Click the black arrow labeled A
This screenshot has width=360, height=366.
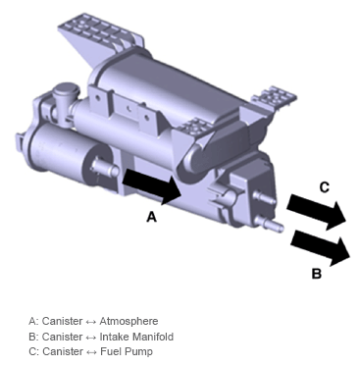pyautogui.click(x=152, y=185)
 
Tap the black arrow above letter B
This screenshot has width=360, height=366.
pyautogui.click(x=321, y=247)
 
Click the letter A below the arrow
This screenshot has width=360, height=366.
pyautogui.click(x=151, y=217)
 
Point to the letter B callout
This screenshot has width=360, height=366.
pyautogui.click(x=317, y=273)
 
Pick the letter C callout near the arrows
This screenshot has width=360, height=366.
pyautogui.click(x=324, y=187)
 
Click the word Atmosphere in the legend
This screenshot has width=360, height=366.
pyautogui.click(x=129, y=321)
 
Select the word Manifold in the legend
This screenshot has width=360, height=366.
pyautogui.click(x=153, y=337)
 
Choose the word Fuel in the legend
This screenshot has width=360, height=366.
pyautogui.click(x=111, y=351)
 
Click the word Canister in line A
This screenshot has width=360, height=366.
pyautogui.click(x=62, y=321)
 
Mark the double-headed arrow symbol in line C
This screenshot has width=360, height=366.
pyautogui.click(x=91, y=352)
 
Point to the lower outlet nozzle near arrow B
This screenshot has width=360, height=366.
pyautogui.click(x=270, y=224)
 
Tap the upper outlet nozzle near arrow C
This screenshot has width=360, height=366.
pyautogui.click(x=265, y=198)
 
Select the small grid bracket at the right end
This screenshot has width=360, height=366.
pyautogui.click(x=275, y=96)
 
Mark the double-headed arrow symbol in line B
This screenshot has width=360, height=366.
pyautogui.click(x=91, y=338)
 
